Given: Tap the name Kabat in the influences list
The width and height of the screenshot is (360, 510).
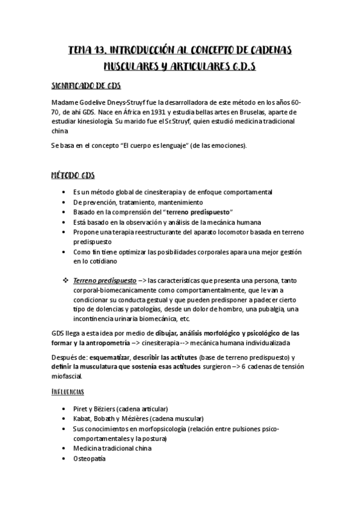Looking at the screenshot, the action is (x=82, y=419).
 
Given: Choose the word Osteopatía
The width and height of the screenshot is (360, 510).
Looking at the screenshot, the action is (x=89, y=458).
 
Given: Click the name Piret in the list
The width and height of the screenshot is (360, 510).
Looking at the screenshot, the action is (x=81, y=408).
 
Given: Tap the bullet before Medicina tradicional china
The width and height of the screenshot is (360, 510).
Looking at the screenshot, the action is (x=64, y=449).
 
